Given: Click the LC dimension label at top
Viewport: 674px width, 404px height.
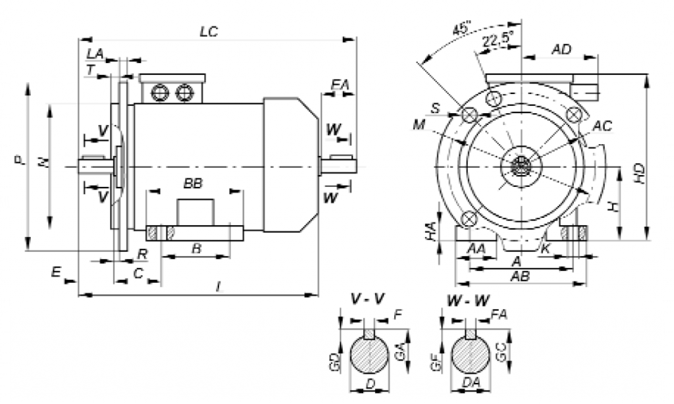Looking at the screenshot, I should [x=209, y=31].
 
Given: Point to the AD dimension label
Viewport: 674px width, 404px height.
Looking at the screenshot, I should [x=561, y=50].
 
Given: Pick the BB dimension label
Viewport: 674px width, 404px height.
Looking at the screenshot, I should [x=192, y=184].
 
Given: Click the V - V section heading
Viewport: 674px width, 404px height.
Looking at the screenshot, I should [x=369, y=300].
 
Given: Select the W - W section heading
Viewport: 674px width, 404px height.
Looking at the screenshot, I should [x=467, y=300].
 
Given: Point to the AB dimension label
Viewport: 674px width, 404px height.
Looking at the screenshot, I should [x=520, y=277].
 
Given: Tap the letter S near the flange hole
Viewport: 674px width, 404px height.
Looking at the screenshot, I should [x=435, y=107].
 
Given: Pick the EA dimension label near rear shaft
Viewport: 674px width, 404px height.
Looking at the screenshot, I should [x=340, y=84].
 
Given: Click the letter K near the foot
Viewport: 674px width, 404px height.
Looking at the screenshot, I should [x=544, y=247].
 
